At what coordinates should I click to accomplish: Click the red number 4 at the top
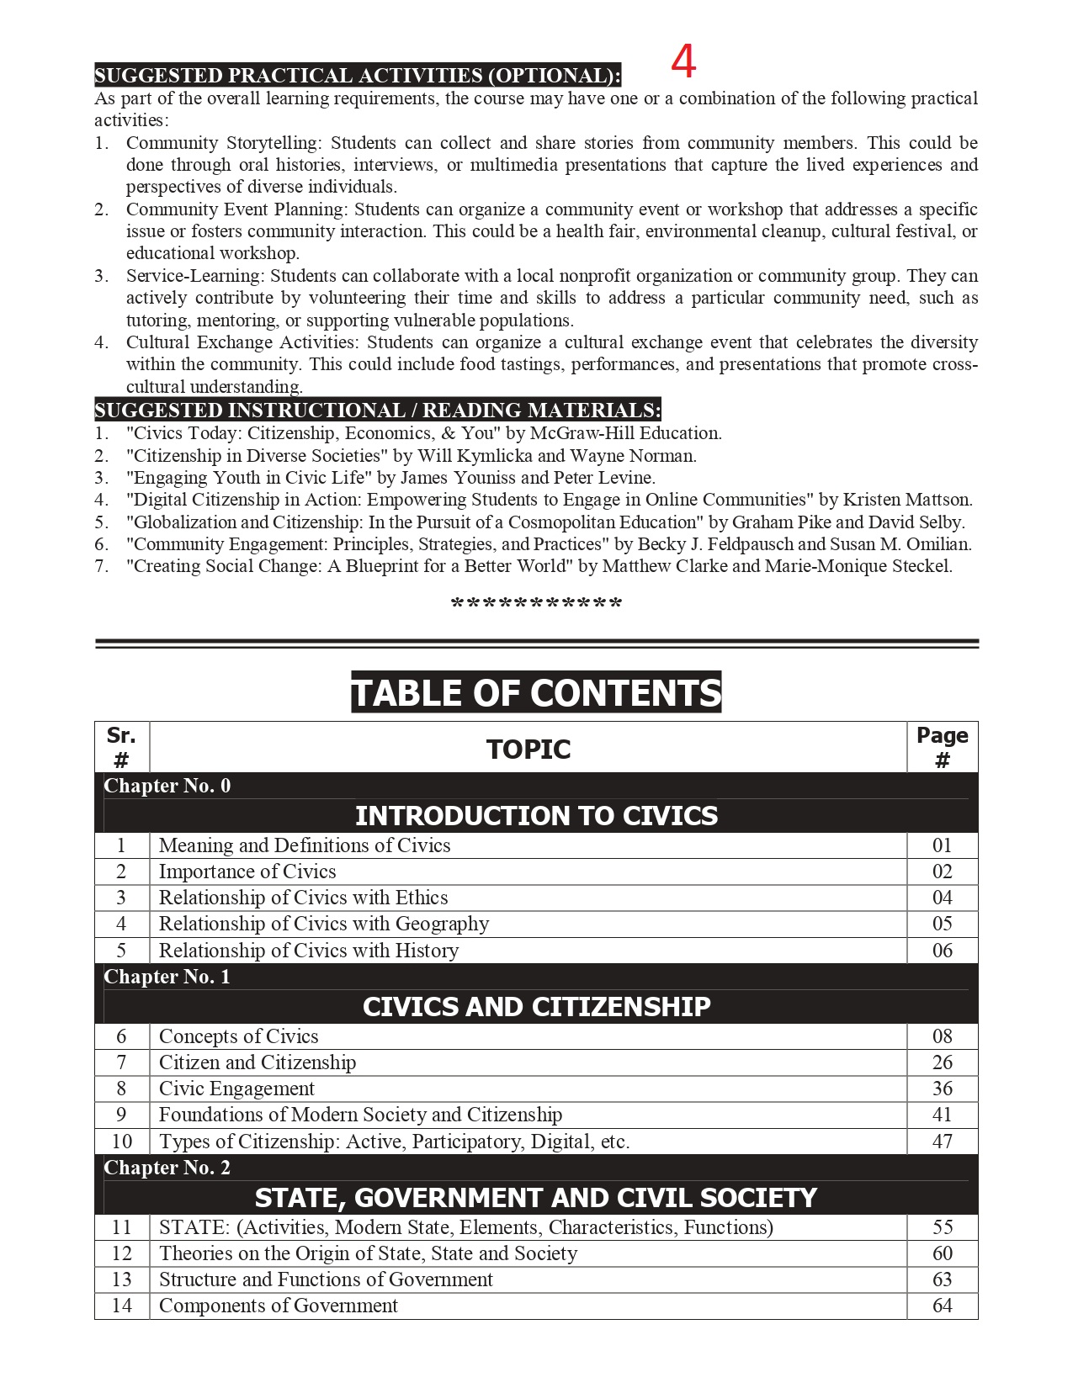[683, 61]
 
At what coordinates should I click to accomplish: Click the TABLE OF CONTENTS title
[536, 692]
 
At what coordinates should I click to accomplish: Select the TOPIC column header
[529, 749]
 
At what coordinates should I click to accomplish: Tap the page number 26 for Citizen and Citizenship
[942, 1062]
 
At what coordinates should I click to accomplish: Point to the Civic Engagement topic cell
[236, 1089]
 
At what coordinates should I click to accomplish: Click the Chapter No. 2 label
[167, 1168]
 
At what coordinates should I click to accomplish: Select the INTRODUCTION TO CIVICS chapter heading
[536, 815]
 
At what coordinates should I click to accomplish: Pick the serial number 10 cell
[122, 1142]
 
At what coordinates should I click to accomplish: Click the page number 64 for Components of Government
[942, 1306]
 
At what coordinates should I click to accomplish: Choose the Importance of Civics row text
[247, 871]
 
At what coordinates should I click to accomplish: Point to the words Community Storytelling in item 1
[222, 143]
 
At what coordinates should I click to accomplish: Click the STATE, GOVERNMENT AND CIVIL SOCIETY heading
[536, 1197]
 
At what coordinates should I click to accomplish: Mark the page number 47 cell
[942, 1142]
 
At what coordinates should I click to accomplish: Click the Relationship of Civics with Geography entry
[324, 924]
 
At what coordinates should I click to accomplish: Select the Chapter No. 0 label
[167, 786]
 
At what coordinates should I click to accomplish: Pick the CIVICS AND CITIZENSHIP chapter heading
[536, 1006]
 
